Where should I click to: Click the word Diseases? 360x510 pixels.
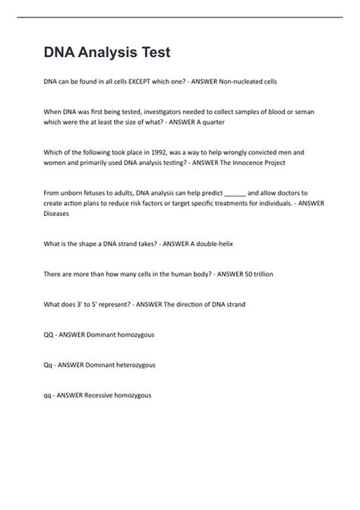[x=57, y=214]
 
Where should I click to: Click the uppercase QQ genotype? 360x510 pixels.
[x=49, y=334]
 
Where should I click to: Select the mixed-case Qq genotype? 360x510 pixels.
[x=49, y=365]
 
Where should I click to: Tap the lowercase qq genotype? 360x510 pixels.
[x=49, y=395]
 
